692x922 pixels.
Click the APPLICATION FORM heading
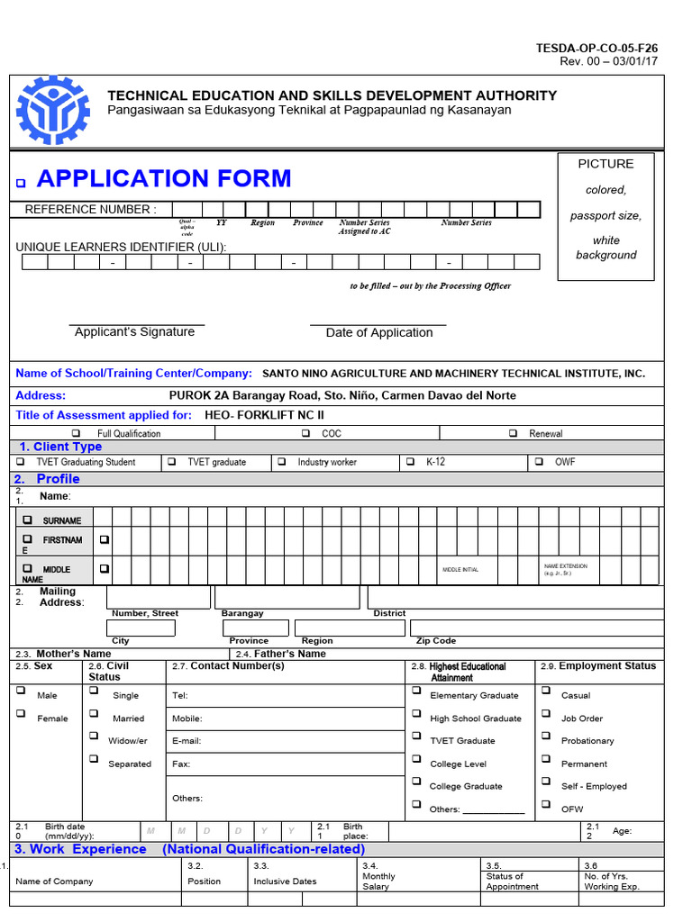pos(164,178)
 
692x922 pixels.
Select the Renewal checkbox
pos(513,433)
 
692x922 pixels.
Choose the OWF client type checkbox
pos(539,462)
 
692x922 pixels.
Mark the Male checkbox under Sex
pos(21,691)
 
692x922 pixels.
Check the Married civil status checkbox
pos(94,714)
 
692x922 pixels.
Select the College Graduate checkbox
pos(416,782)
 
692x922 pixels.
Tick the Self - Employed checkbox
pos(546,782)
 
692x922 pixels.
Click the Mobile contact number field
pos(284,719)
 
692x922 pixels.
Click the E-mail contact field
pos(284,741)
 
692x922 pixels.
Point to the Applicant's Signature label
pos(134,332)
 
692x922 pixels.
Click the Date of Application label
pos(379,333)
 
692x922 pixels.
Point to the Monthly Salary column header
pos(378,881)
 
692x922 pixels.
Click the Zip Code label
pos(435,641)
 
